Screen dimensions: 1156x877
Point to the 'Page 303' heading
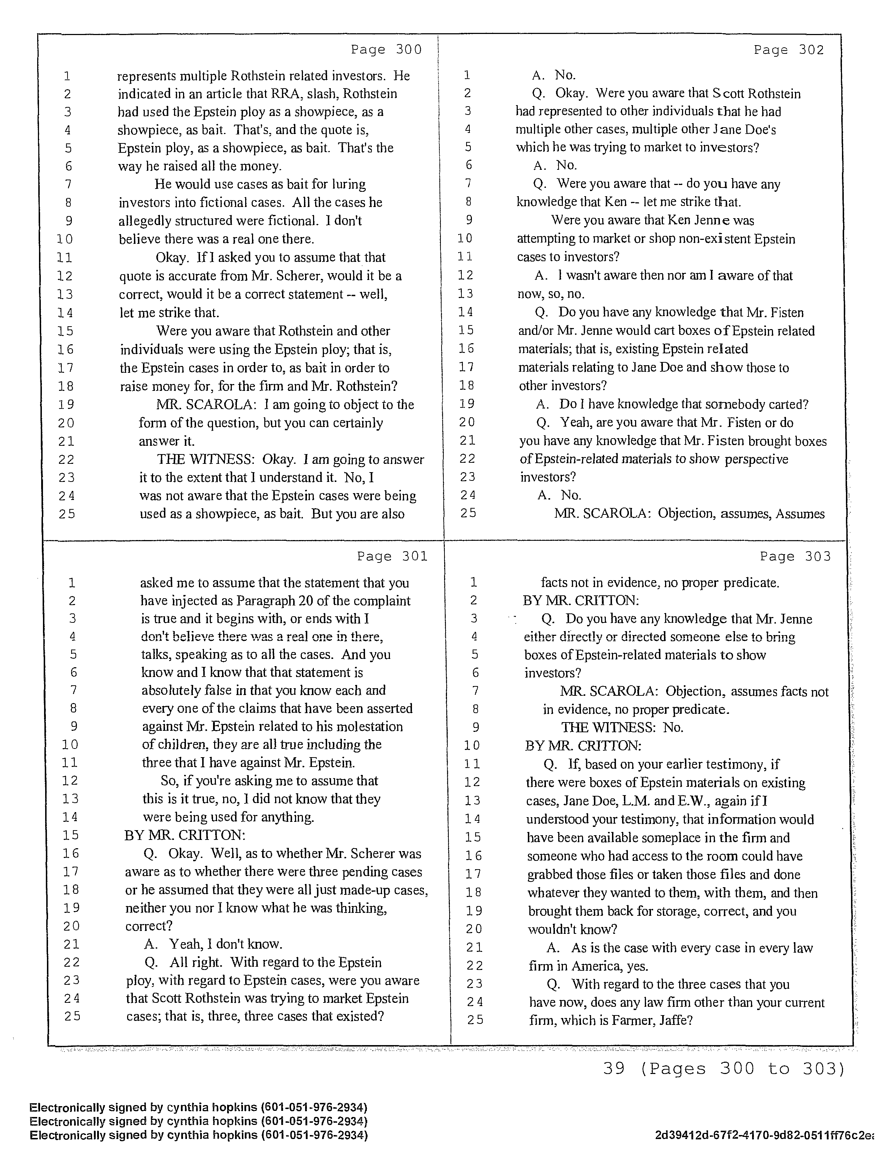795,557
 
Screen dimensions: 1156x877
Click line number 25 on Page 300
66,514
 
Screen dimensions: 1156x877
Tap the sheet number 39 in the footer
614,1069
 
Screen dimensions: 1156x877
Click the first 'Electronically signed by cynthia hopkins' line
199,1107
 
